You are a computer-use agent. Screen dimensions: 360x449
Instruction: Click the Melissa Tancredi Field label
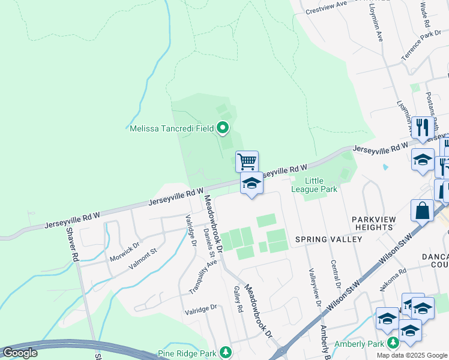171,128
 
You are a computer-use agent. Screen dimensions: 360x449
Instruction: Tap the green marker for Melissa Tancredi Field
223,128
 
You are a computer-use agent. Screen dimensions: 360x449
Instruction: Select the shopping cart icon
247,161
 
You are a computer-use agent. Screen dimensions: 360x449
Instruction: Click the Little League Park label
321,185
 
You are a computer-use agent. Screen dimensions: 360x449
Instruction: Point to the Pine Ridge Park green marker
226,352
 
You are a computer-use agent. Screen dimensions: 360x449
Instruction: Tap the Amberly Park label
359,344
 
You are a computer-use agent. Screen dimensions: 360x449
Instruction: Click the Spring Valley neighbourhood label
328,239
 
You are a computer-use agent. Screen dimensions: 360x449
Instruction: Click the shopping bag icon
422,211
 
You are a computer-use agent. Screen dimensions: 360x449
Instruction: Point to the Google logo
20,353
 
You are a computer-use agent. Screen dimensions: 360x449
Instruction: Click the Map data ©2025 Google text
412,355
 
